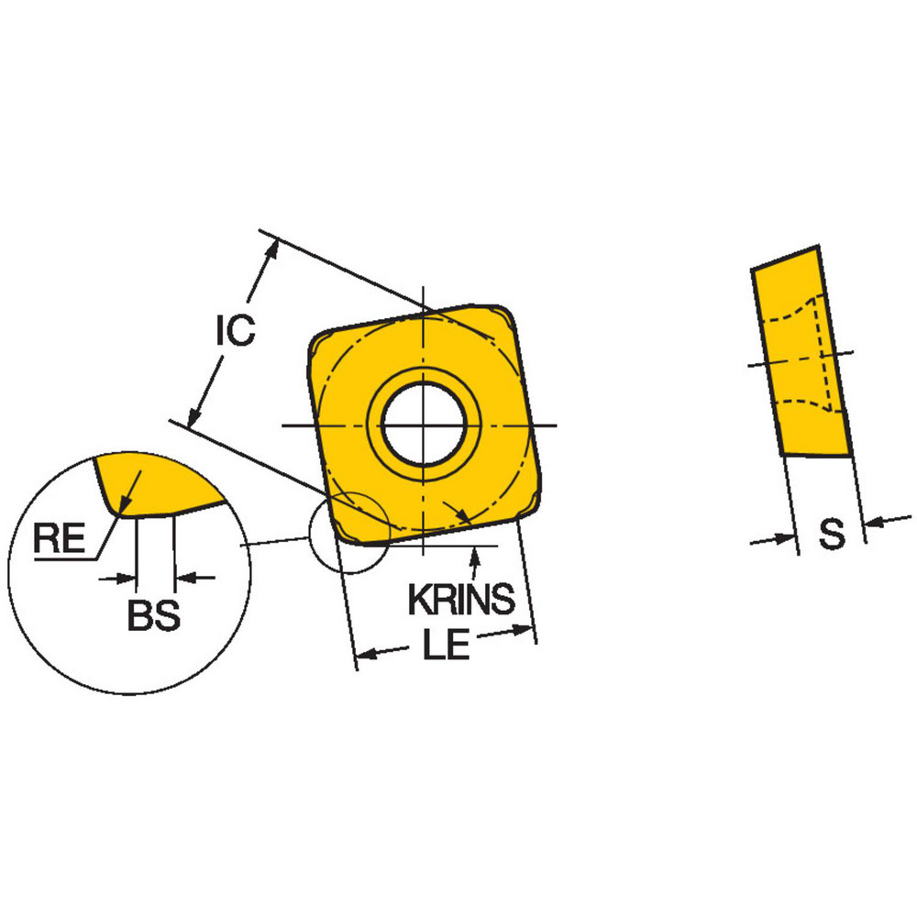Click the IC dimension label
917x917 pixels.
click(x=236, y=331)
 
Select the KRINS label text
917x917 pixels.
click(x=461, y=600)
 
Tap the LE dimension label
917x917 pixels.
click(x=447, y=646)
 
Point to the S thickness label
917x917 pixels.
click(x=831, y=536)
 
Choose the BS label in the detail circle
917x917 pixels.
click(x=153, y=616)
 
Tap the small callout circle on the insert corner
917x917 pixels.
click(x=349, y=531)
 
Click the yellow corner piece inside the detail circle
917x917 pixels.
click(x=156, y=481)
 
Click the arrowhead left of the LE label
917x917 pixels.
click(x=367, y=655)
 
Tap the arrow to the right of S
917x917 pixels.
click(x=874, y=524)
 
